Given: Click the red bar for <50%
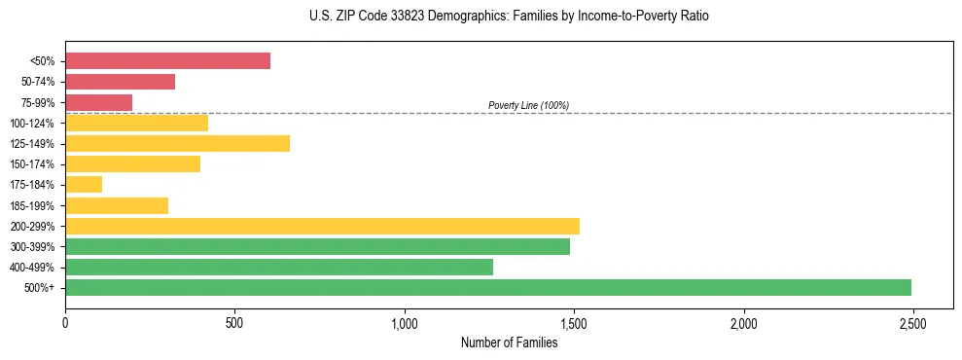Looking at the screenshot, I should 167,61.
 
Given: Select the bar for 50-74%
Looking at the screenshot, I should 120,82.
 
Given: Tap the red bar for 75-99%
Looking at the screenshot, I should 98,102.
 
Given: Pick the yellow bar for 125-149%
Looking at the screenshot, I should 177,144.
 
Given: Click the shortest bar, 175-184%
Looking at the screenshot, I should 84,185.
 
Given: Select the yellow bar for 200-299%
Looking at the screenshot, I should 322,226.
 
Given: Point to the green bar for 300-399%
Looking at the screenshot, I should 317,246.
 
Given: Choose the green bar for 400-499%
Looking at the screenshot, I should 279,267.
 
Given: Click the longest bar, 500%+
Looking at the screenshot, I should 488,287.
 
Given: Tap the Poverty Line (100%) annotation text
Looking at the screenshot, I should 528,105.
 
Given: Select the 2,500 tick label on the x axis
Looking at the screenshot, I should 912,322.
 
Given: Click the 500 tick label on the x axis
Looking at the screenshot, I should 234,322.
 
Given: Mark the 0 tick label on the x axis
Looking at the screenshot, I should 65,322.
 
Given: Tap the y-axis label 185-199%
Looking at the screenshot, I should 33,205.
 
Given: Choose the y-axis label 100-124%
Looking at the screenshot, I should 33,124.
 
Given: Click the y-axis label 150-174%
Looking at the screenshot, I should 33,164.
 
